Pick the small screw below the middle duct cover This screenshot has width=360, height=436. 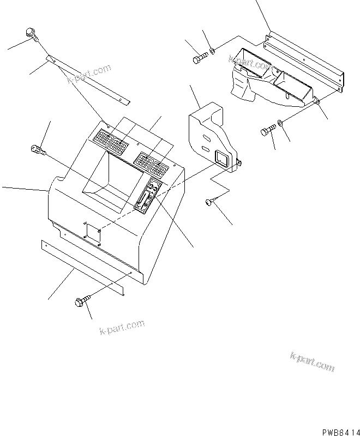(x=209, y=203)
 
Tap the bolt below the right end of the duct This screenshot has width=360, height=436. (x=269, y=130)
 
